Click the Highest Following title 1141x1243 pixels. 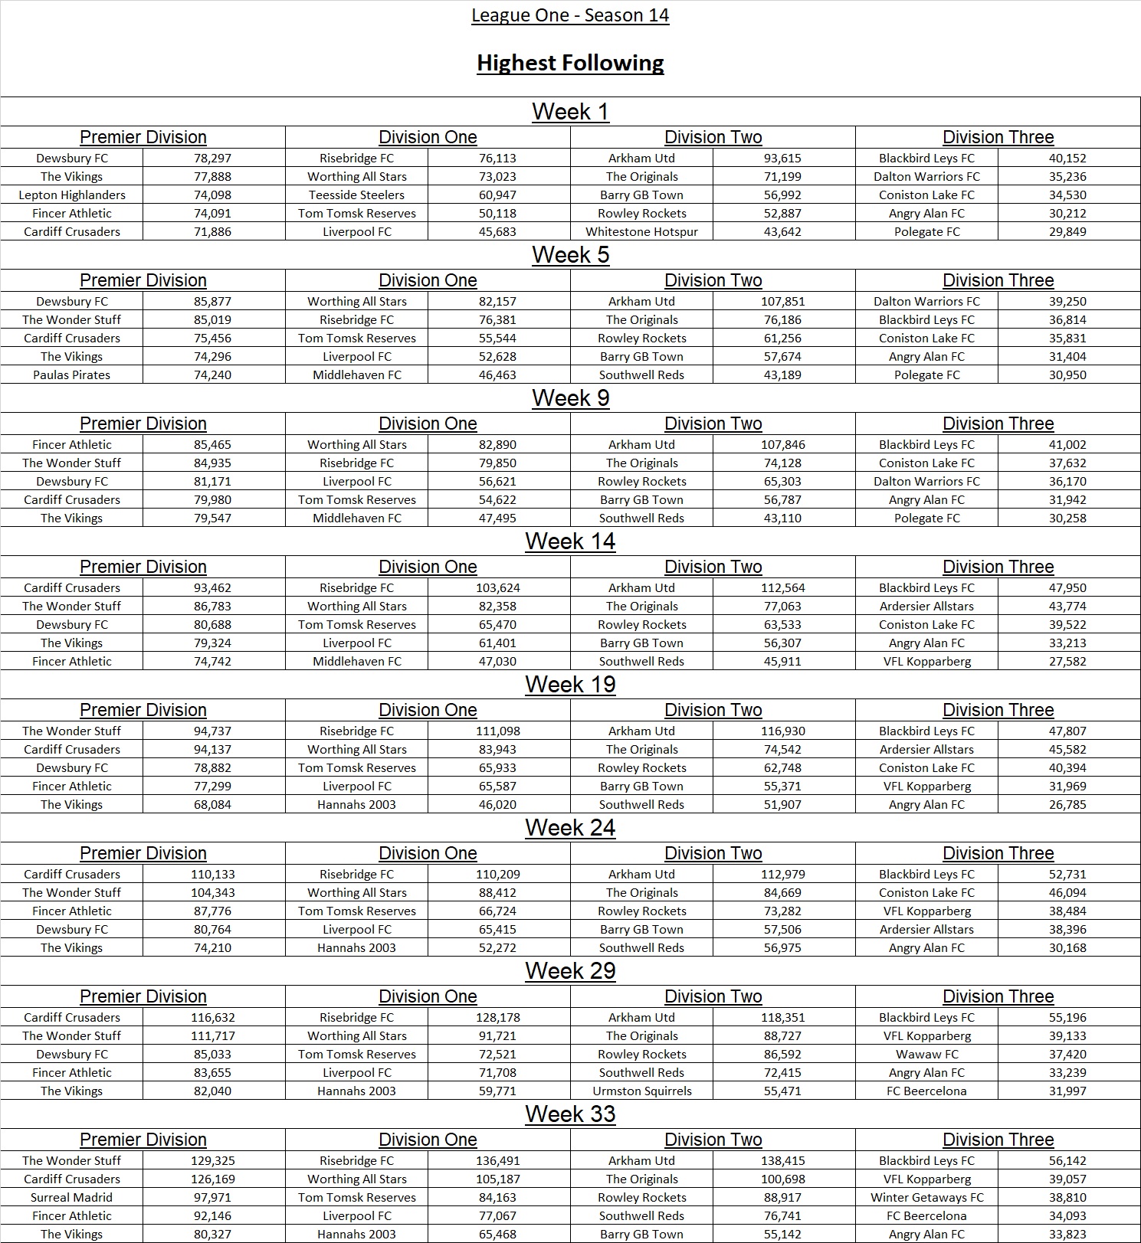pos(570,63)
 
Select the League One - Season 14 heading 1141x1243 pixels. pos(570,15)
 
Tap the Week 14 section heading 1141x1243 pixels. pos(570,541)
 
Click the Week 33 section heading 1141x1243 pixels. pos(570,1114)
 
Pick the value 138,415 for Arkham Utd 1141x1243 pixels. pos(782,1161)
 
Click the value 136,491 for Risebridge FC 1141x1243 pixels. pos(497,1161)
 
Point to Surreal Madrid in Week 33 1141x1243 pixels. pos(71,1198)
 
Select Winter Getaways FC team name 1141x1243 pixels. pos(926,1198)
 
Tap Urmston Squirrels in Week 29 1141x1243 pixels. pos(641,1091)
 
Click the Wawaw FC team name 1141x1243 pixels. pos(926,1055)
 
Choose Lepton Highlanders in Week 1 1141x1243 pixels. pos(71,195)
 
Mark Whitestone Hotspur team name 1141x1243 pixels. pos(641,232)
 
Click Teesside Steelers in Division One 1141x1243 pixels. pos(356,195)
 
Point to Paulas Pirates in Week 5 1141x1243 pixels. pos(71,375)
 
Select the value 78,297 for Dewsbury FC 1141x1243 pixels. pos(212,159)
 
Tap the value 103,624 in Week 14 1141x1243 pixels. pos(497,588)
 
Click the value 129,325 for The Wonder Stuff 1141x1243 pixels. pos(212,1161)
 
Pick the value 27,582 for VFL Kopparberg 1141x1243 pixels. pos(1067,662)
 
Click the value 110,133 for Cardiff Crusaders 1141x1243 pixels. pos(212,875)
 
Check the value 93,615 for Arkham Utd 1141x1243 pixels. pos(782,159)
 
